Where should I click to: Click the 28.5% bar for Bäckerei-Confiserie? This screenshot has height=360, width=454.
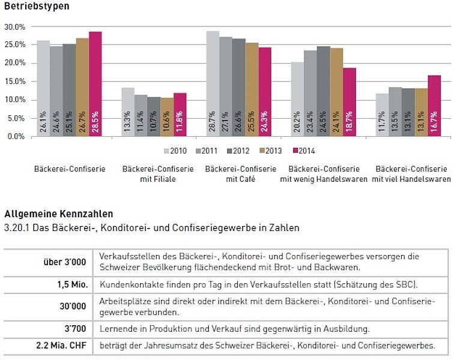95,84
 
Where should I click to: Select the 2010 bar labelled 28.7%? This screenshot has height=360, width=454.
213,84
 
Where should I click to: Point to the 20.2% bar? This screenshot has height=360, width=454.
297,99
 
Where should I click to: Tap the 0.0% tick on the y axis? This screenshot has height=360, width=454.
16,136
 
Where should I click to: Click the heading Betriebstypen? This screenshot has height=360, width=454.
36,7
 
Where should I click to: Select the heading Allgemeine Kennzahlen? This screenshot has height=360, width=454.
58,214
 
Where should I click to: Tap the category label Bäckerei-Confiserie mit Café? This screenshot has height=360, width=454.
241,174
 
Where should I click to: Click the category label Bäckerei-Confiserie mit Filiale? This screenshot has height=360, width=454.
158,174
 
